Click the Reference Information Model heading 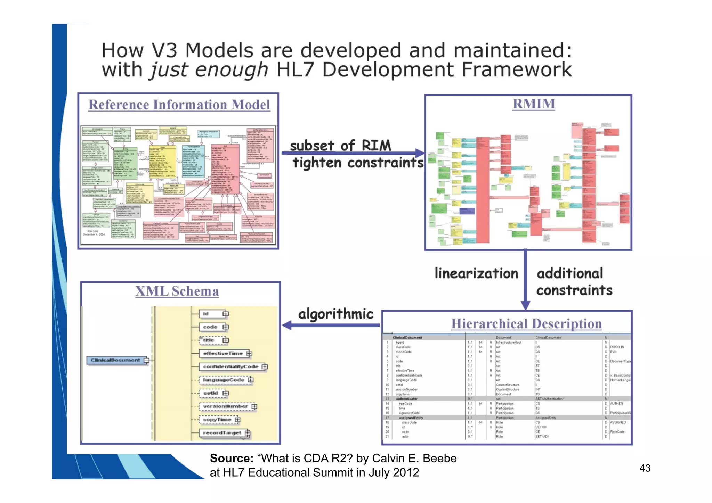(x=179, y=105)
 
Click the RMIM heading (x=534, y=104)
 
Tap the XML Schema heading (x=177, y=291)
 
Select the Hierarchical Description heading (x=526, y=323)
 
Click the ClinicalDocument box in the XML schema (x=115, y=360)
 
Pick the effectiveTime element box (x=223, y=353)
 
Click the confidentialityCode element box (x=230, y=366)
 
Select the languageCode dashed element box (x=224, y=380)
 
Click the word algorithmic (x=335, y=314)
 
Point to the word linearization (x=476, y=273)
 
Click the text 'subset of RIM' (x=340, y=145)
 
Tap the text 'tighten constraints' (x=358, y=162)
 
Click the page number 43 (x=645, y=468)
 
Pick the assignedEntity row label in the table (x=411, y=418)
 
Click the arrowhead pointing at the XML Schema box (x=287, y=325)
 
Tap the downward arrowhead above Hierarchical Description (x=525, y=305)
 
